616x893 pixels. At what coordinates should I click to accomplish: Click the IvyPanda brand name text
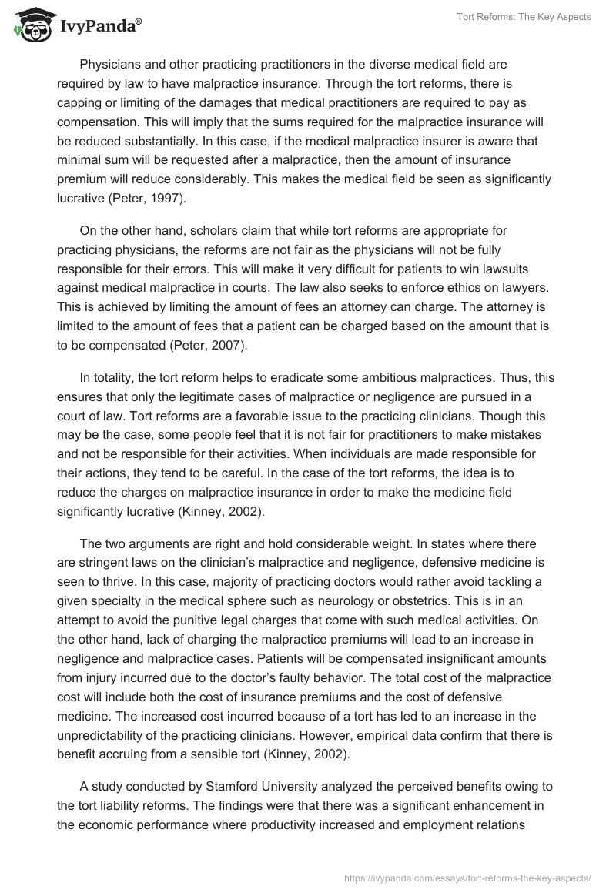point(99,25)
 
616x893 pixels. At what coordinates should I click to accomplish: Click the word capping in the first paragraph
point(80,103)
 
